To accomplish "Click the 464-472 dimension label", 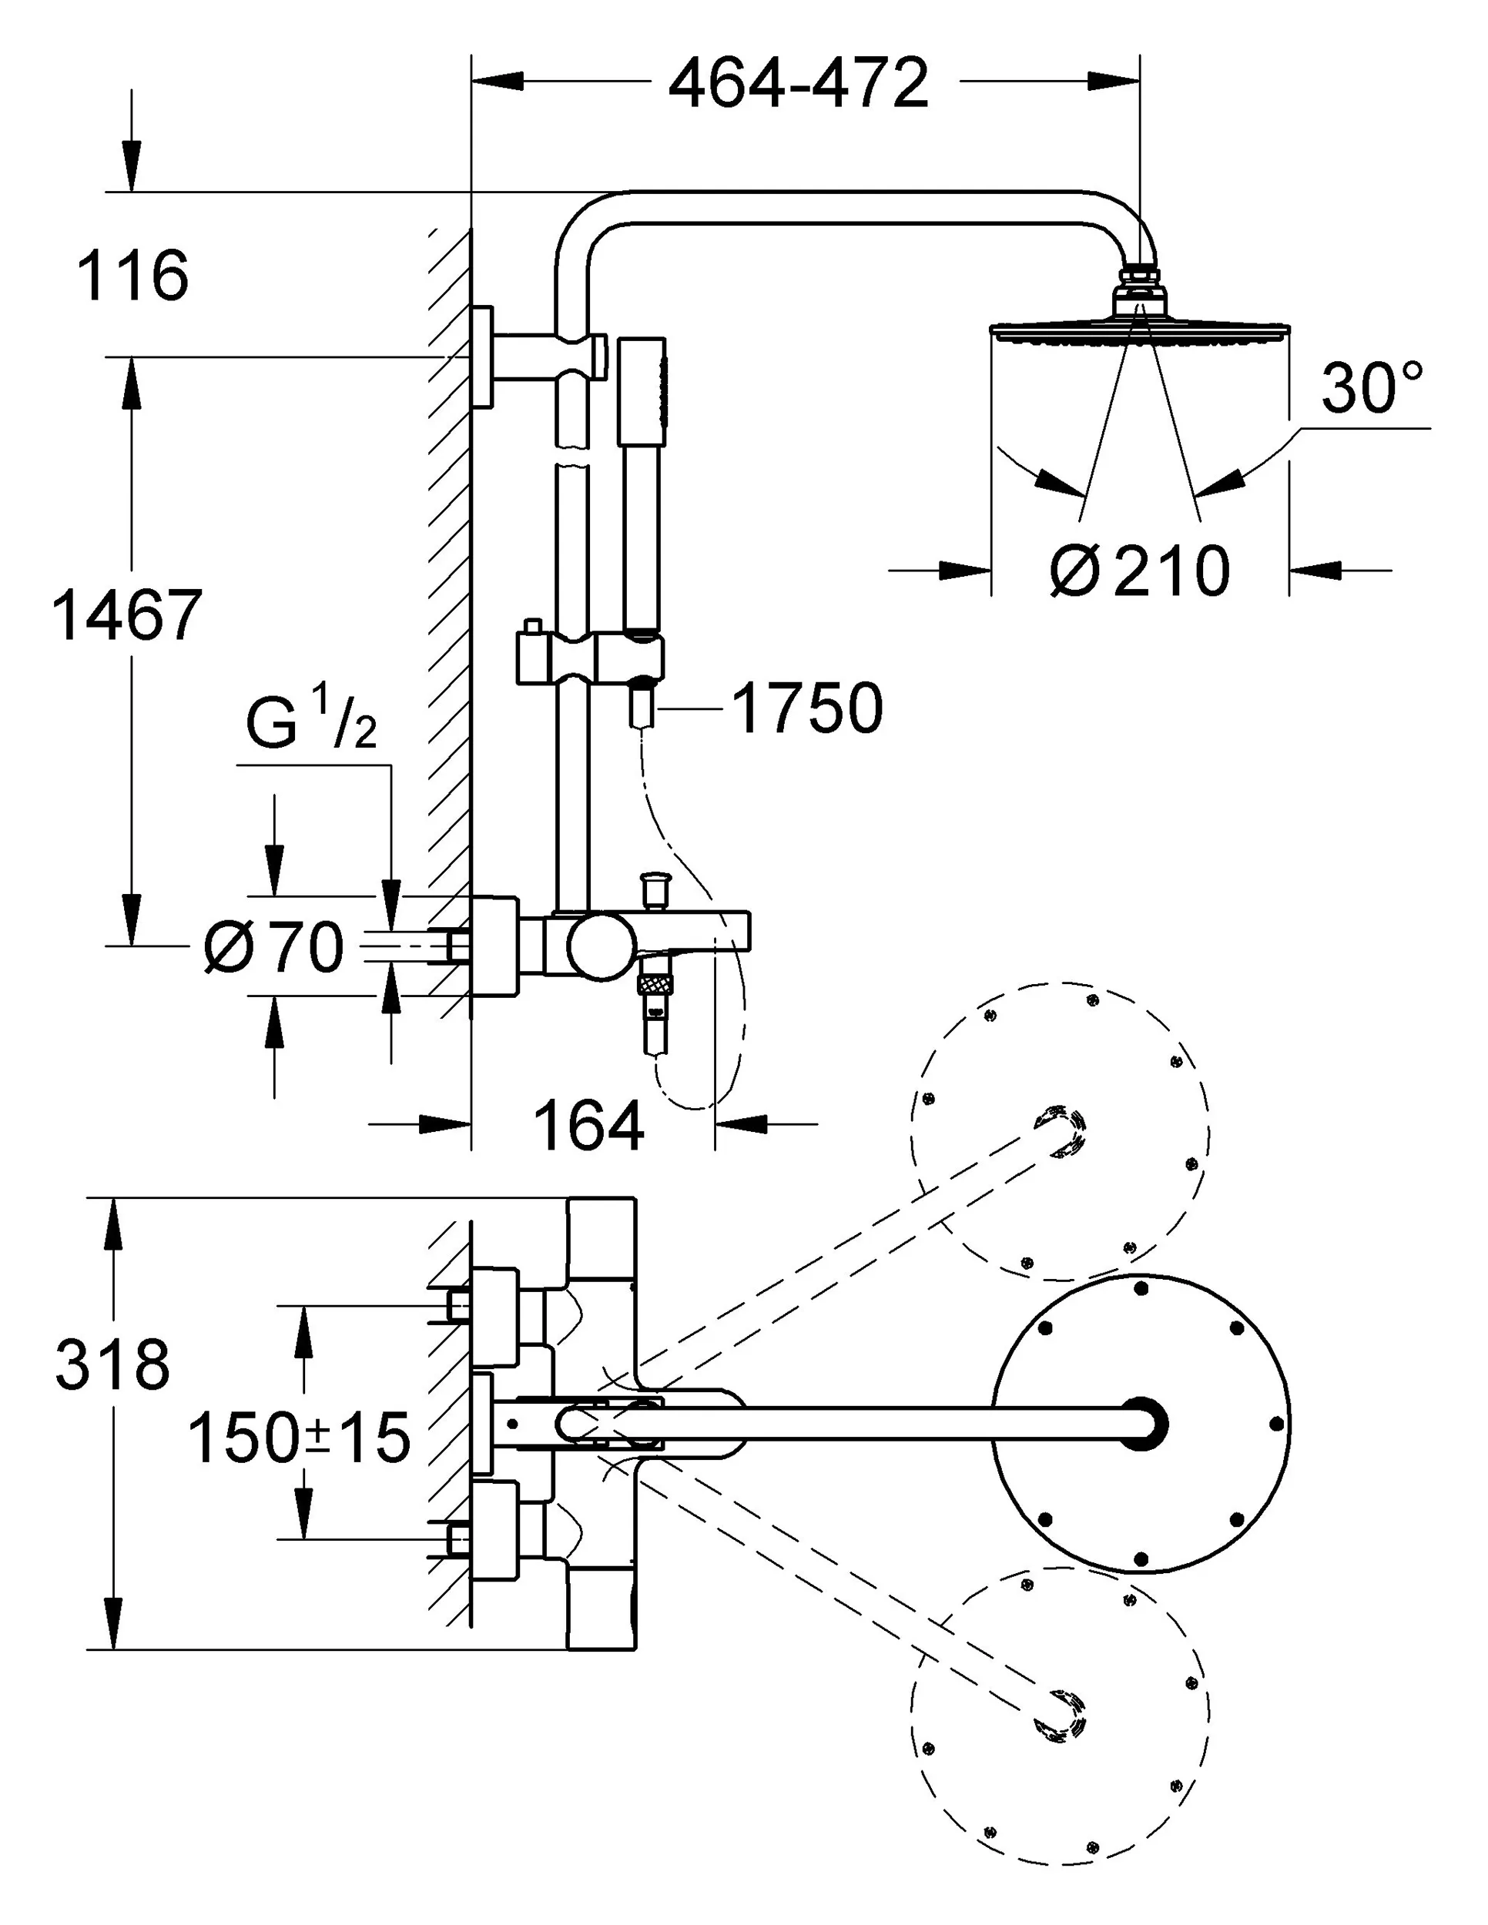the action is tap(799, 84).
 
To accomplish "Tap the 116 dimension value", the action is tap(133, 276).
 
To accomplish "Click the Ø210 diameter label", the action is tap(1140, 571).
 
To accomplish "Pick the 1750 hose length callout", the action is tap(807, 708).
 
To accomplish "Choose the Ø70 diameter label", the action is tap(273, 948).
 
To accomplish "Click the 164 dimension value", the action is tap(589, 1127).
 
